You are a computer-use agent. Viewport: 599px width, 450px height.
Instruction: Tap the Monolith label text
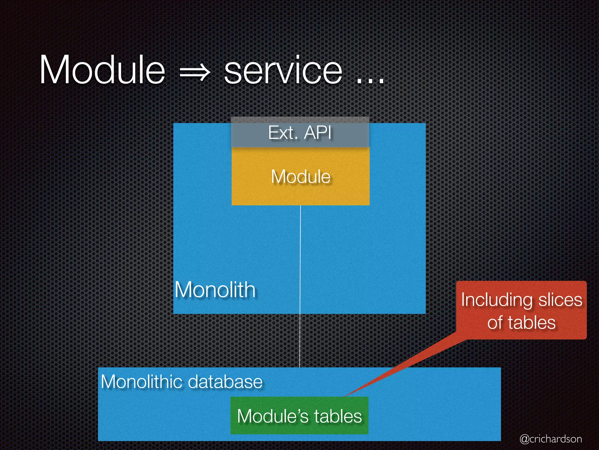[215, 290]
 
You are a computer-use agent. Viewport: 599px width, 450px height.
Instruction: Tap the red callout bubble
[521, 311]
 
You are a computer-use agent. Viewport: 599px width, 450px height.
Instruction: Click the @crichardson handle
[551, 439]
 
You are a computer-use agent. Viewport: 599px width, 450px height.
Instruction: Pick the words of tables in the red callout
[521, 323]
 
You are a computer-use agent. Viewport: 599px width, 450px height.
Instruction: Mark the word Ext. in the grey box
[282, 133]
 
